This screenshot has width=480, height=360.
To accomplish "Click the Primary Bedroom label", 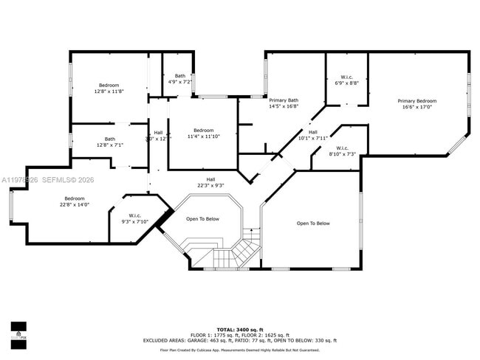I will pyautogui.click(x=416, y=101).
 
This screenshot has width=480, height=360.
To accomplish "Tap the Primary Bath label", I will pyautogui.click(x=284, y=100).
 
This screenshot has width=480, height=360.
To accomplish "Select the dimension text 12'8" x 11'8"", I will pyautogui.click(x=109, y=91).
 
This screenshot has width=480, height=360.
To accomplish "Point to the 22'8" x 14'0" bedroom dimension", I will pyautogui.click(x=75, y=204).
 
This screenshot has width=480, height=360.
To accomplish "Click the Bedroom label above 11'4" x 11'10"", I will pyautogui.click(x=203, y=131).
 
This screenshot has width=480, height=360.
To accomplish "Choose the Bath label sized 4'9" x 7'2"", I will pyautogui.click(x=180, y=76).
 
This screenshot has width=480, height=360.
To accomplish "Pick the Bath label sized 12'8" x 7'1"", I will pyautogui.click(x=109, y=139).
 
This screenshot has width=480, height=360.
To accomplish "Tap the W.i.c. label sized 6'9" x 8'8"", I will pyautogui.click(x=346, y=77).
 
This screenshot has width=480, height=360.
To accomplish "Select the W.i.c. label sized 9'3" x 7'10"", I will pyautogui.click(x=130, y=216).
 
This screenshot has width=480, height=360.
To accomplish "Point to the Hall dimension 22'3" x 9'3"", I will pyautogui.click(x=210, y=185).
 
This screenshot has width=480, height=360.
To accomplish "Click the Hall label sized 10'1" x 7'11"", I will pyautogui.click(x=313, y=132).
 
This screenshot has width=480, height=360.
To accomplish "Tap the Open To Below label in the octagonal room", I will pyautogui.click(x=202, y=219).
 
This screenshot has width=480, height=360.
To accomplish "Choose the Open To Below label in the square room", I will pyautogui.click(x=313, y=224).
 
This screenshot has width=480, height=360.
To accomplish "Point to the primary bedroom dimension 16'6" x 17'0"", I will pyautogui.click(x=416, y=107).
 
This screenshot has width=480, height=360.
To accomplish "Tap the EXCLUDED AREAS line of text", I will pyautogui.click(x=240, y=341).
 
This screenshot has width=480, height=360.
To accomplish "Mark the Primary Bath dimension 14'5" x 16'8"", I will pyautogui.click(x=284, y=106).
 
